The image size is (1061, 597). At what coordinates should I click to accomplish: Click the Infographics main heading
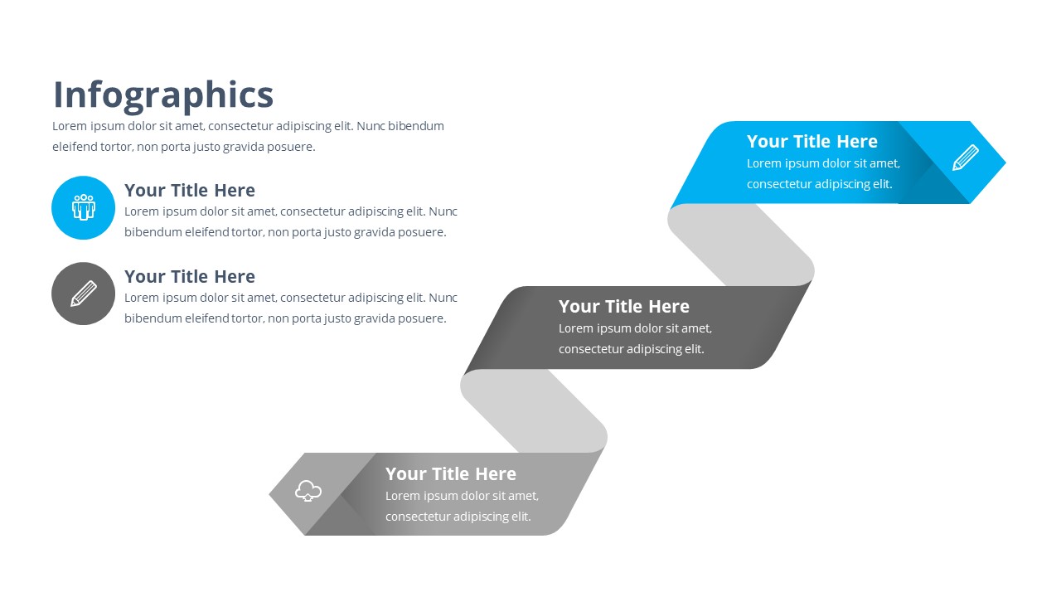click(163, 95)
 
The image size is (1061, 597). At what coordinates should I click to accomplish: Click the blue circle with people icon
click(83, 207)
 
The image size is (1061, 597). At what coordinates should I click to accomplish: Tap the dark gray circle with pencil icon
click(83, 294)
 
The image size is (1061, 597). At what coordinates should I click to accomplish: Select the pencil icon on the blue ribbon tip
click(965, 158)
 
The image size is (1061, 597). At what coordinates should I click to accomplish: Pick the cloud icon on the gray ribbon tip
click(308, 491)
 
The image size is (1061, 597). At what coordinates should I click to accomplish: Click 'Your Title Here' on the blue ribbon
click(811, 142)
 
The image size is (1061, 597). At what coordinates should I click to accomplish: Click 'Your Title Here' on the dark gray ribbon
click(623, 307)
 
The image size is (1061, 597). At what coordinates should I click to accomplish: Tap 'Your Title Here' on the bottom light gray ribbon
click(450, 474)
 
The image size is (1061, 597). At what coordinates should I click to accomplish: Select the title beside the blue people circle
click(189, 191)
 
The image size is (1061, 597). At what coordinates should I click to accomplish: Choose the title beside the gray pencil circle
click(189, 277)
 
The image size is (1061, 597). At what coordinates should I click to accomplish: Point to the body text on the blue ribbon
click(822, 174)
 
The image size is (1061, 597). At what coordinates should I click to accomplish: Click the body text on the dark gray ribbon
click(634, 339)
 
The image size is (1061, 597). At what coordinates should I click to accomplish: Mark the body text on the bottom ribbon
click(462, 507)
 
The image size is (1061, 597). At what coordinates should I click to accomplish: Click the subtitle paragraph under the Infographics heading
click(248, 137)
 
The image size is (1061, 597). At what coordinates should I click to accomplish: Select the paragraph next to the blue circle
click(290, 222)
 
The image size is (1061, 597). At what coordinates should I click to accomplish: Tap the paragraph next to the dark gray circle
click(290, 308)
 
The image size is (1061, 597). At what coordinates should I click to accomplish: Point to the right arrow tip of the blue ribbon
click(995, 163)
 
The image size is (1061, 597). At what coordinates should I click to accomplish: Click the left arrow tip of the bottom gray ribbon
click(282, 494)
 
